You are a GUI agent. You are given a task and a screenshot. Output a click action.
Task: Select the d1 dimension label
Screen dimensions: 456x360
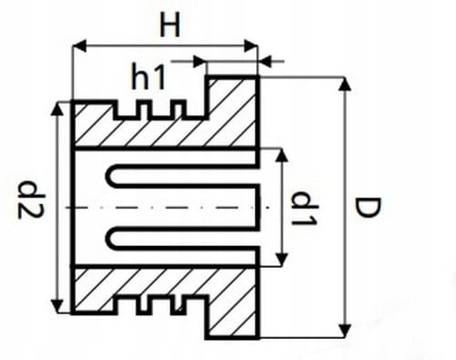300,209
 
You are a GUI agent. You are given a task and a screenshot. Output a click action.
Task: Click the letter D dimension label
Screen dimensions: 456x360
368,209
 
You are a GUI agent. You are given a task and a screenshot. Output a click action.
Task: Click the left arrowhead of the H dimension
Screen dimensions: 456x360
78,44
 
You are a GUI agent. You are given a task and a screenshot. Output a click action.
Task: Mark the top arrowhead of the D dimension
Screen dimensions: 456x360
345,85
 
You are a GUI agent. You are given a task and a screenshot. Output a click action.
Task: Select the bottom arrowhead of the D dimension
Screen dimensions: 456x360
345,330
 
